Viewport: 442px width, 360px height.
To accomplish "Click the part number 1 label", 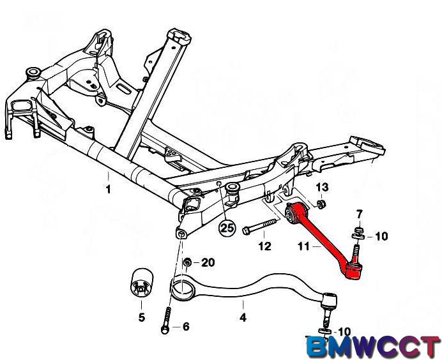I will pos(108,190).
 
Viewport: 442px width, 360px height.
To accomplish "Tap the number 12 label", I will pos(264,246).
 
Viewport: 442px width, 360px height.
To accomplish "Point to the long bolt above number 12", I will pos(261,225).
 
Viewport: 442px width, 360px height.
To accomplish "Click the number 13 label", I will pos(322,187).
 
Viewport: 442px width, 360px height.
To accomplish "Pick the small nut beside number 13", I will pos(321,204).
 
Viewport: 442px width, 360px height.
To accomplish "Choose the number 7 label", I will pos(359,213).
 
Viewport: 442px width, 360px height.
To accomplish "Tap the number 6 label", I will pos(186,327).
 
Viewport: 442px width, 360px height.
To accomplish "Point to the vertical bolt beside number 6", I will pos(167,319).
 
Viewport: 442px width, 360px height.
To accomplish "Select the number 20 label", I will pos(208,263).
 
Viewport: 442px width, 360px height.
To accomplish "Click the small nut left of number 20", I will pos(187,263).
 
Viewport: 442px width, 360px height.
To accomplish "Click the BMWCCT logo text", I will pos(374,347).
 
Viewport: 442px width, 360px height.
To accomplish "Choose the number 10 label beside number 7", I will pos(381,237).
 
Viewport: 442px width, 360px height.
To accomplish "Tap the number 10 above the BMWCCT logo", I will pos(344,331).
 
